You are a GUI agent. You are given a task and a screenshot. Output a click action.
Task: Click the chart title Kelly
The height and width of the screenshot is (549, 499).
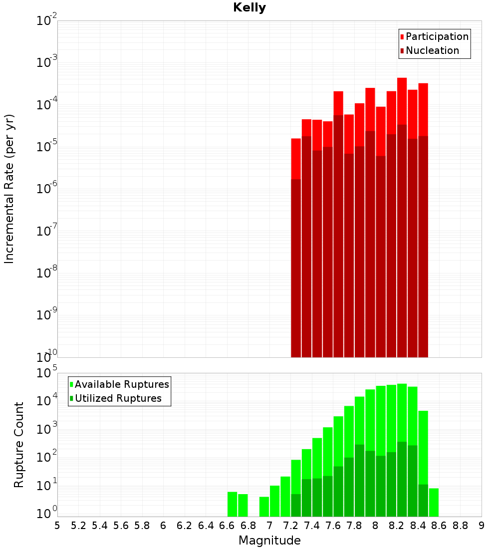(249, 8)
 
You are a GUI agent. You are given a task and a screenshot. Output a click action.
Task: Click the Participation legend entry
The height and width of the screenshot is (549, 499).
(437, 36)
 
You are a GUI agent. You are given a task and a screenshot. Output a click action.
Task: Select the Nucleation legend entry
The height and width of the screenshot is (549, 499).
(432, 50)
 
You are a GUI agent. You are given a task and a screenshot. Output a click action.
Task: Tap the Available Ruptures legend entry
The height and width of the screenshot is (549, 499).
(122, 384)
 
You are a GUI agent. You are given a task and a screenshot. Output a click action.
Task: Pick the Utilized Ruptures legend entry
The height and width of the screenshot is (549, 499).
(118, 398)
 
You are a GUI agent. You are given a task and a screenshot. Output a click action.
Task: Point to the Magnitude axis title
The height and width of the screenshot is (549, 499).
(269, 541)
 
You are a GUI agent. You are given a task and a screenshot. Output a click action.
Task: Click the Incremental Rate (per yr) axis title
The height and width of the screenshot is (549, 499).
(9, 189)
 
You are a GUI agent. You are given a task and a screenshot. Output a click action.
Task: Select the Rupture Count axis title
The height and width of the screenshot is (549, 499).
(19, 445)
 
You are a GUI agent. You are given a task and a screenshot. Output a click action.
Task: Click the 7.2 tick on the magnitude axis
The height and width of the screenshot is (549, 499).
(290, 526)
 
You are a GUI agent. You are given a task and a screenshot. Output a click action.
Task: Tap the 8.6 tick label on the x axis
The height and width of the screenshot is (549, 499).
(439, 526)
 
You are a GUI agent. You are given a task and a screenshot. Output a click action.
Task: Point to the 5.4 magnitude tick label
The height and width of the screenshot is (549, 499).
(100, 526)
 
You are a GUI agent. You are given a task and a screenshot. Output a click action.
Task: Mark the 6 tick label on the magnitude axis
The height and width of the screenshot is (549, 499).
(163, 526)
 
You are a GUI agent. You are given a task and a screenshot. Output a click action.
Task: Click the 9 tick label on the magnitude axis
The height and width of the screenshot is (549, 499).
(482, 526)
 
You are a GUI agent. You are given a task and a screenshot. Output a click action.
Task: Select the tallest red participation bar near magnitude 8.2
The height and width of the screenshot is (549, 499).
(402, 100)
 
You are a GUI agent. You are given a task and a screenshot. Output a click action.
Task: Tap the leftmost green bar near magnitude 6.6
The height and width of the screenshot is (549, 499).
(232, 504)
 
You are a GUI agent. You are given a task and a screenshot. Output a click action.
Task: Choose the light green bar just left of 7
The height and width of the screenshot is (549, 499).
(264, 507)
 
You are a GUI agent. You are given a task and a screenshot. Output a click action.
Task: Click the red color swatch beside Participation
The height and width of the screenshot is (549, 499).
(402, 37)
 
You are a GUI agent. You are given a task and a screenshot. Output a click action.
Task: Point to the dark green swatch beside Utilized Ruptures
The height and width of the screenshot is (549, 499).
(71, 399)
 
